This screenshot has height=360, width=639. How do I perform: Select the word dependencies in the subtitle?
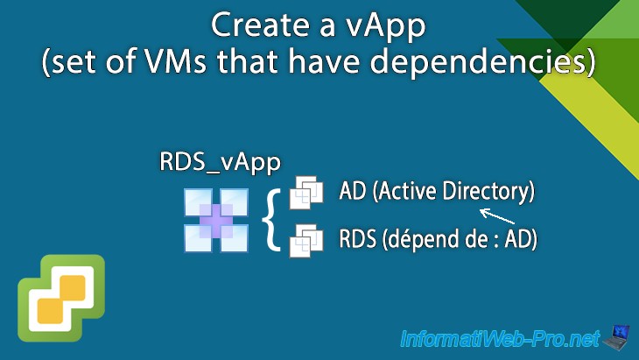498,65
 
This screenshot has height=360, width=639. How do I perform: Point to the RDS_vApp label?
207,162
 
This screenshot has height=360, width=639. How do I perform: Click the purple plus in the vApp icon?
216,220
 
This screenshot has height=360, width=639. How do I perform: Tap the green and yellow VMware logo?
60,298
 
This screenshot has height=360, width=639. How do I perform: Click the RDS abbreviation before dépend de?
355,238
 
